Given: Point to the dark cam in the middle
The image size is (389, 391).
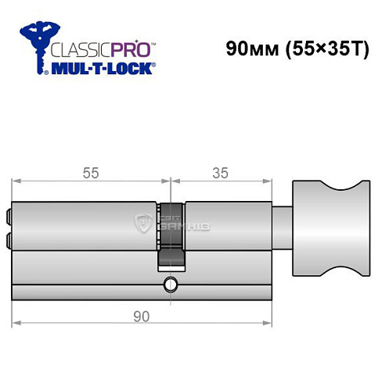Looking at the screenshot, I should pos(171,235).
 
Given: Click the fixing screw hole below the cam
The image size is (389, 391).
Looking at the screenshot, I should pos(170,284).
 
